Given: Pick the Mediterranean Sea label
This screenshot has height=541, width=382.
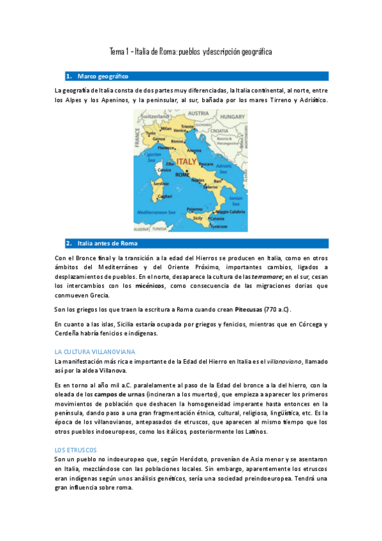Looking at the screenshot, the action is [x=156, y=212].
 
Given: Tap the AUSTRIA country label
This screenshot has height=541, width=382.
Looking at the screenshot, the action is [x=198, y=113].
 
